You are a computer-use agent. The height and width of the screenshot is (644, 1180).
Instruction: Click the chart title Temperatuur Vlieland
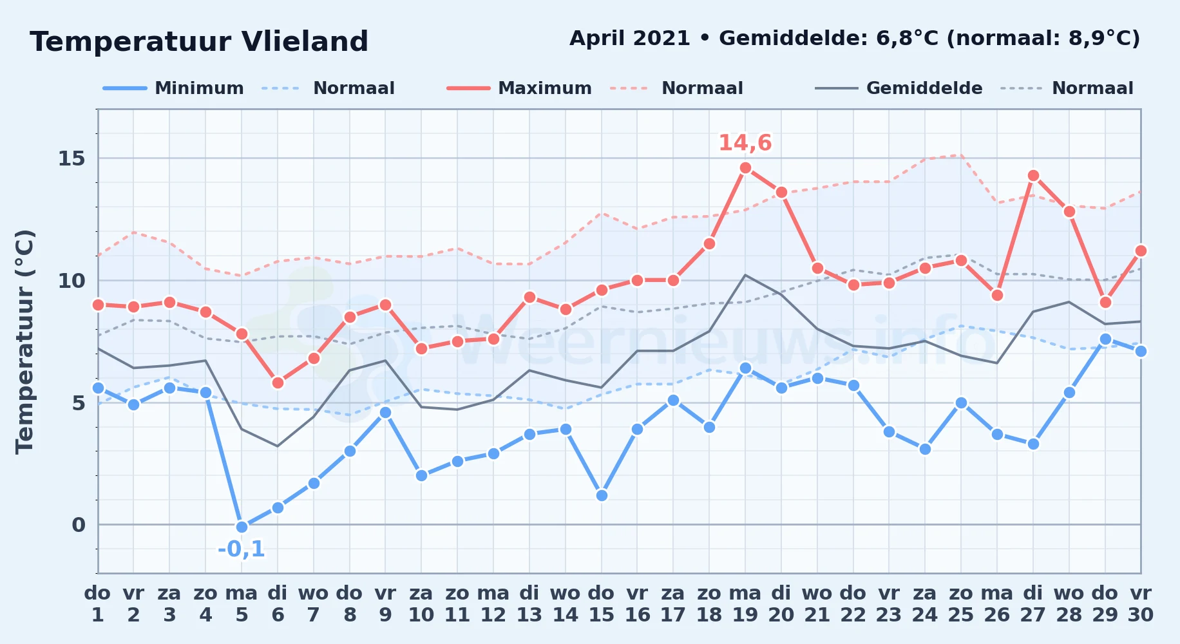coord(199,42)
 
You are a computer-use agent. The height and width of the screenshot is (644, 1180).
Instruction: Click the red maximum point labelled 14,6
coord(745,168)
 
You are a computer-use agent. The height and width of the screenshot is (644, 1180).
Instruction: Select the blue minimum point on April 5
coord(242,527)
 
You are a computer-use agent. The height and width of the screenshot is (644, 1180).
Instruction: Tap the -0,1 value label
coord(242,549)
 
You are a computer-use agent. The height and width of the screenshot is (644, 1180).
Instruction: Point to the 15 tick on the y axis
coord(71,158)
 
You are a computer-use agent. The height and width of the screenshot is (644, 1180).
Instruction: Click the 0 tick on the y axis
coord(79,525)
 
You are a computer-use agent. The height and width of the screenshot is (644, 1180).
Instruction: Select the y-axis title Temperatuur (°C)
coord(24,341)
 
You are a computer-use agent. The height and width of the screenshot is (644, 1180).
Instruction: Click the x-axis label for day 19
coord(745,604)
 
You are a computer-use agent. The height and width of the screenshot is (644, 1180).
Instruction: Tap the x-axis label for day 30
coord(1141,604)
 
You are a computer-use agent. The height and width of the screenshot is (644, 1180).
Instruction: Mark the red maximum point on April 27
coord(1033,175)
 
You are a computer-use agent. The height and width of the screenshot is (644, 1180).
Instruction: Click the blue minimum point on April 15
coord(602,495)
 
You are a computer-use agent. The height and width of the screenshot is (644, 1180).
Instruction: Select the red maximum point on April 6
coord(278,383)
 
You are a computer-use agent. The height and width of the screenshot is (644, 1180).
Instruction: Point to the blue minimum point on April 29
coord(1105,339)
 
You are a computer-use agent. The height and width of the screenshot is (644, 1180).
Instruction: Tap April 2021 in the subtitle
coord(630,39)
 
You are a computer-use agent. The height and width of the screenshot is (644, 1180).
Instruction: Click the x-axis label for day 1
coord(98,604)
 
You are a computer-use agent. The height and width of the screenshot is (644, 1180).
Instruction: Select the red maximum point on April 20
coord(781,192)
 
